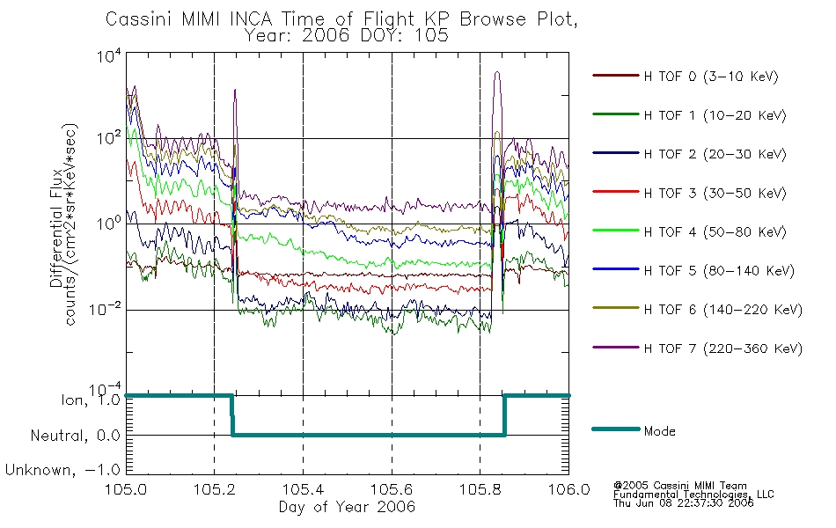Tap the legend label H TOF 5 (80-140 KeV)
coord(719,271)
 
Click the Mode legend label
coord(659,431)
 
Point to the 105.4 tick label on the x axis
coord(303,489)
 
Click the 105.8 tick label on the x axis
coord(480,489)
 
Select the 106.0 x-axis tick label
coord(568,489)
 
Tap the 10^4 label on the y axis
coord(109,55)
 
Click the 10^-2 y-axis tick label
coord(106,309)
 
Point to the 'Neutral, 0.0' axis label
coord(75,436)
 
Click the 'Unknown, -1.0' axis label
coord(62,470)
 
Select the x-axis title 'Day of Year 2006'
coord(347,507)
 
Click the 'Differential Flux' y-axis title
coord(56,228)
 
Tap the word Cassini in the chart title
coord(139,19)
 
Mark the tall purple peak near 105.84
coord(497,72)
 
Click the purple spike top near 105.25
coord(235,90)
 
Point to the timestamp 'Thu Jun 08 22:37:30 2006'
coord(683,503)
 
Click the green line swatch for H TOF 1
coord(615,114)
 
